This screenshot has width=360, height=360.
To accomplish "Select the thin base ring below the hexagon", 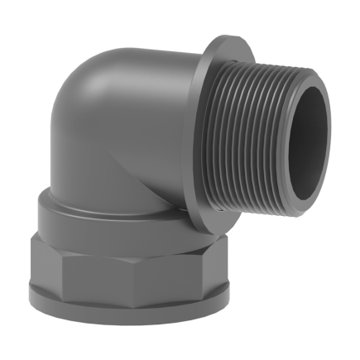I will pos(124,314).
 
